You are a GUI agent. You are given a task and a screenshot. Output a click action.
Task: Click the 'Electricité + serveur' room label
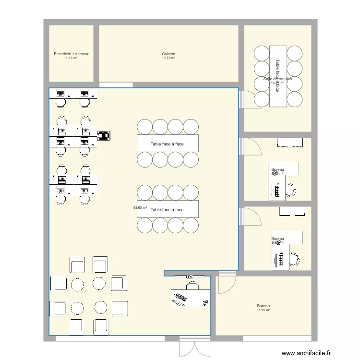pos(71,54)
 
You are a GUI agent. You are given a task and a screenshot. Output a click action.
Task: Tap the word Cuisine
pos(168,54)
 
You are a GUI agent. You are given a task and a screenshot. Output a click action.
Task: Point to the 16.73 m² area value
pos(168,58)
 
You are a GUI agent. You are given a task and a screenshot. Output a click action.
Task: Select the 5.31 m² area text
pos(71,58)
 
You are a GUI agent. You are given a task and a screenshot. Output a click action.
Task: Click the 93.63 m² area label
pos(140,208)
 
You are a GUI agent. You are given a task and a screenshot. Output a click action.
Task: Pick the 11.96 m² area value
pos(263,310)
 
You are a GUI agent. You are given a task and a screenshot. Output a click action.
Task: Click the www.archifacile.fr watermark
pos(306,353)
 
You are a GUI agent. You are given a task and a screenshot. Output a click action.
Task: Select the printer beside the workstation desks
pos(104,136)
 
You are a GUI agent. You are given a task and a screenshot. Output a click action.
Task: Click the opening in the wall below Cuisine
pos(116,85)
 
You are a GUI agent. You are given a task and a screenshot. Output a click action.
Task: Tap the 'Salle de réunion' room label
pos(277,79)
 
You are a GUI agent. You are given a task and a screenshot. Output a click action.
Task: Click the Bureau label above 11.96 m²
pos(263,306)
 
